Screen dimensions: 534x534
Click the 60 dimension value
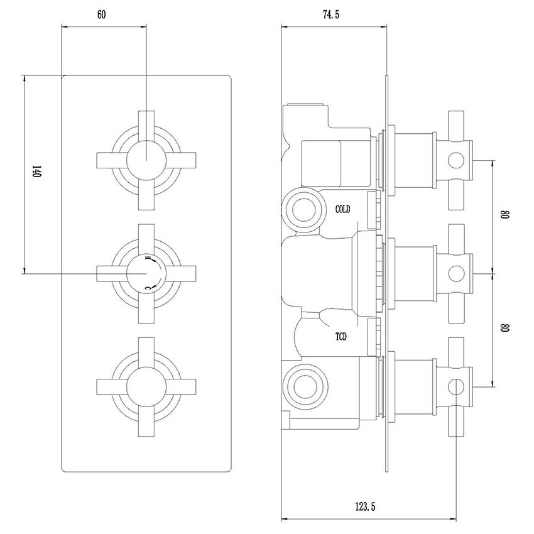pyautogui.click(x=101, y=14)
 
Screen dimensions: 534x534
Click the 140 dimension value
pyautogui.click(x=36, y=172)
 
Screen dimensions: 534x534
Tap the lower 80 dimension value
pyautogui.click(x=504, y=327)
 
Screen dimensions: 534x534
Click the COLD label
pyautogui.click(x=342, y=209)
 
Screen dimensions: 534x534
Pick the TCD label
pyautogui.click(x=342, y=337)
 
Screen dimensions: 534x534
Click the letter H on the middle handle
pyautogui.click(x=148, y=258)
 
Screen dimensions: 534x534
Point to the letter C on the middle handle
pyautogui.click(x=148, y=288)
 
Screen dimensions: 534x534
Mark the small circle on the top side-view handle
pyautogui.click(x=455, y=161)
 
